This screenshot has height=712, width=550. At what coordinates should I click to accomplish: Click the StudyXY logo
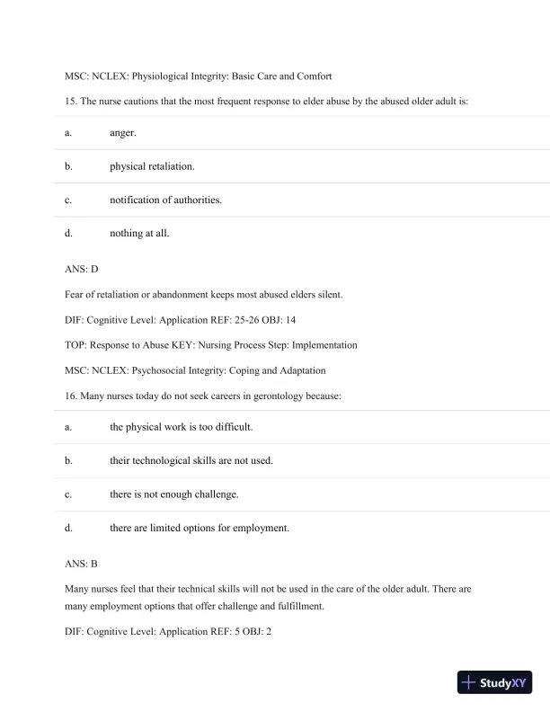[494, 683]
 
